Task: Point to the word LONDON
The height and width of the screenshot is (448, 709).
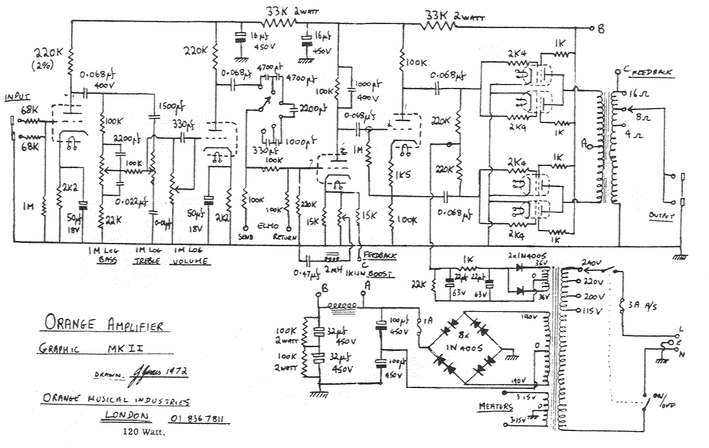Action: coord(129,416)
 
